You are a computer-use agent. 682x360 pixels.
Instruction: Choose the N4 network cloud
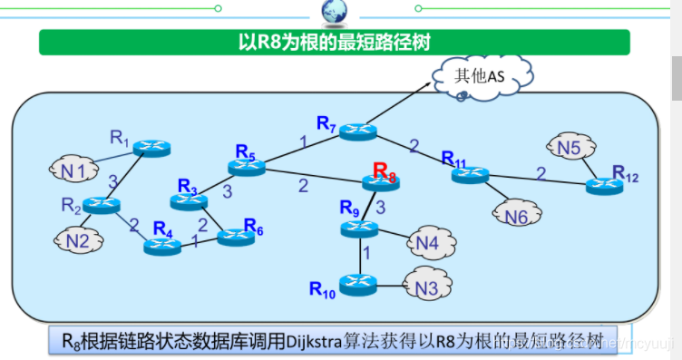pyautogui.click(x=427, y=242)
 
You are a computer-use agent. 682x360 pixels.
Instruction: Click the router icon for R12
pyautogui.click(x=604, y=186)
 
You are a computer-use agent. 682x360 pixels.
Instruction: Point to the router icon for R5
pyautogui.click(x=247, y=166)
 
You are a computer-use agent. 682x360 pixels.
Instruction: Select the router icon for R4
pyautogui.click(x=162, y=245)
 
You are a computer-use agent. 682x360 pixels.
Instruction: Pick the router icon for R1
pyautogui.click(x=154, y=151)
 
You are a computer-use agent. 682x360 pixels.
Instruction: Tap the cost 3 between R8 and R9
pyautogui.click(x=381, y=208)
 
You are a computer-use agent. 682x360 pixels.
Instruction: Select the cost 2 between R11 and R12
pyautogui.click(x=541, y=173)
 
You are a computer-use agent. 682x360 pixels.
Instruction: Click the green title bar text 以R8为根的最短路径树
pyautogui.click(x=333, y=42)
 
